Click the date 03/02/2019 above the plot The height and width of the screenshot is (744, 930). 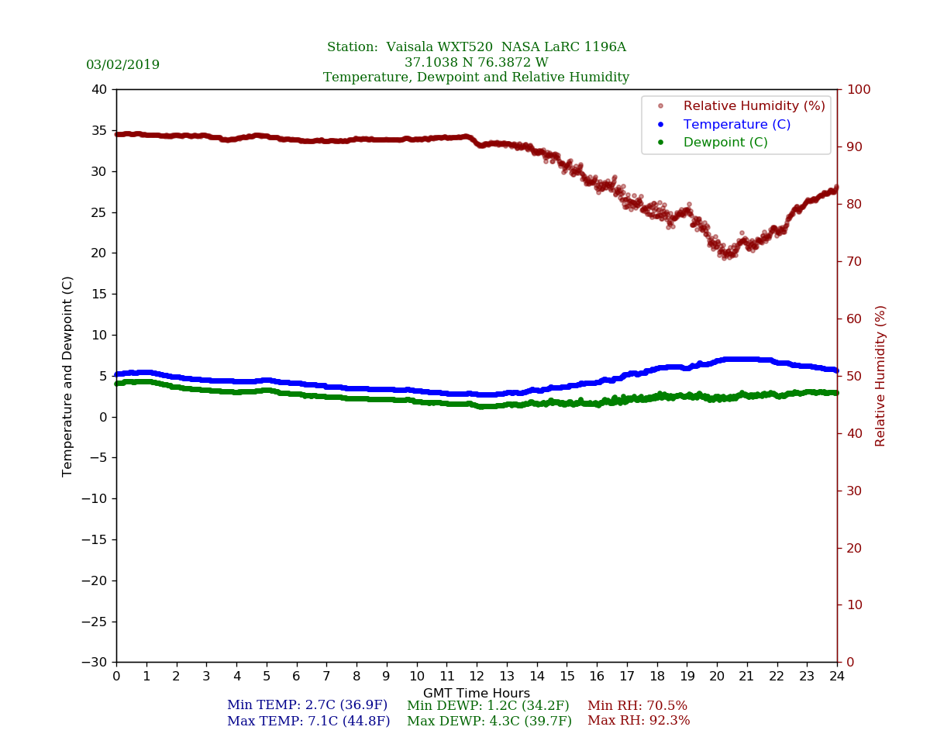122,65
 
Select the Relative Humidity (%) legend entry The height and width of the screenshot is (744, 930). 753,106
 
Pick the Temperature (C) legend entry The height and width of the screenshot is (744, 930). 736,124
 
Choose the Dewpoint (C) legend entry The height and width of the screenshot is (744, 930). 725,143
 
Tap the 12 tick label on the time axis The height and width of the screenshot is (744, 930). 477,677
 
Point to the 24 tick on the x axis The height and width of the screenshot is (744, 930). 837,677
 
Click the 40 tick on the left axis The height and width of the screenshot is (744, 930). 99,89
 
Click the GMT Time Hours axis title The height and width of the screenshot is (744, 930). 477,694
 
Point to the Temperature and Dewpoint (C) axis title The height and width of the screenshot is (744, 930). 68,376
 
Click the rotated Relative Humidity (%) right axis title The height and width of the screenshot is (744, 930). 880,376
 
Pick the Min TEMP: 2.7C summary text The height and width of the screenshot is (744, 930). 307,706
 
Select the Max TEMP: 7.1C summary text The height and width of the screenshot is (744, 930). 308,722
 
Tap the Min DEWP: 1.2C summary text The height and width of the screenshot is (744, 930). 488,706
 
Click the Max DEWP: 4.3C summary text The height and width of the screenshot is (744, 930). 489,722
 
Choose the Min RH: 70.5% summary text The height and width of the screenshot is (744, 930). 637,706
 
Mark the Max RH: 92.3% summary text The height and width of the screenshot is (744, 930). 639,722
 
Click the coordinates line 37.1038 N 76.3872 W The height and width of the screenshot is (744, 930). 476,63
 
